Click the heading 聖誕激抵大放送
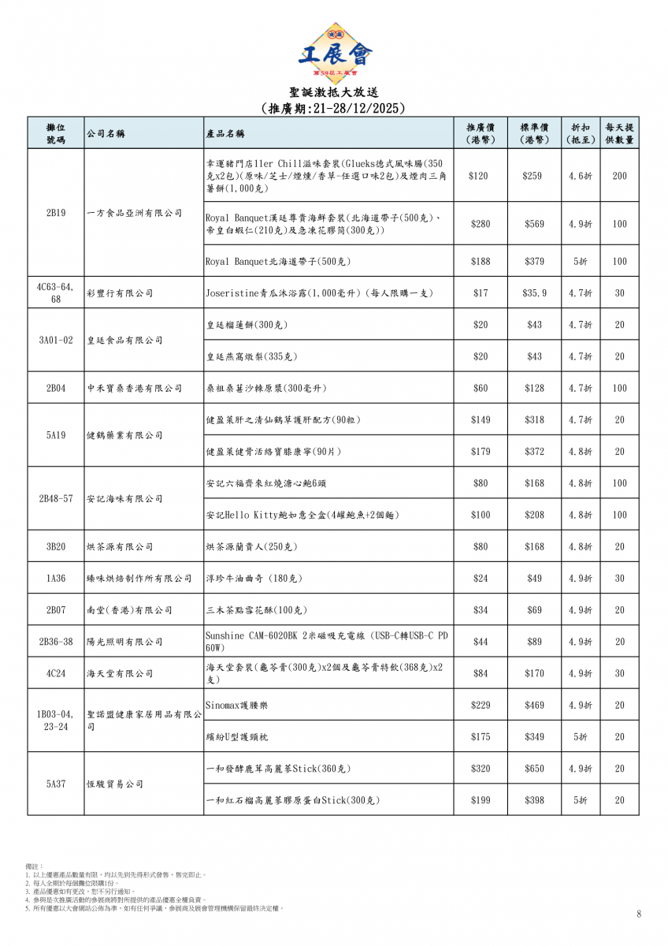point(334,93)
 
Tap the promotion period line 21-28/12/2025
point(334,108)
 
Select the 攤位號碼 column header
point(55,133)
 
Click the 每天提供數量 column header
point(619,133)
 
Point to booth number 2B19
point(55,213)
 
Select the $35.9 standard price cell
point(533,293)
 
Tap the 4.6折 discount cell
point(580,176)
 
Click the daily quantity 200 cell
point(619,176)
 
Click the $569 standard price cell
point(533,224)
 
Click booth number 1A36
point(55,579)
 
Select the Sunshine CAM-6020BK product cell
point(327,642)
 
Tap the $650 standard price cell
point(533,769)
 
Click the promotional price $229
point(480,705)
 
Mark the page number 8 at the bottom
point(639,914)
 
